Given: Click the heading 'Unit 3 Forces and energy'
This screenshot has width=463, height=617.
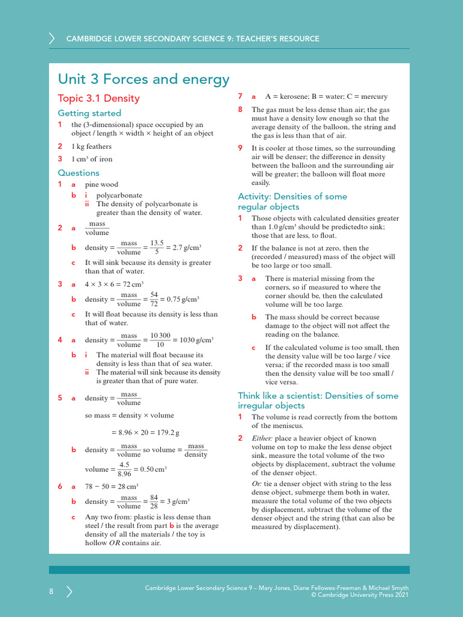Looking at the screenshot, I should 143,80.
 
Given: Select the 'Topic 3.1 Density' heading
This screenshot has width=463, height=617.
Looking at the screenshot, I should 98,98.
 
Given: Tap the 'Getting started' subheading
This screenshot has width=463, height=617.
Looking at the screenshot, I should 89,113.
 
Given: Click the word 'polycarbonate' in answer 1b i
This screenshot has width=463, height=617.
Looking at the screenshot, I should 119,195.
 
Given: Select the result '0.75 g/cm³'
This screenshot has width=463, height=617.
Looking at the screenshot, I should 182,299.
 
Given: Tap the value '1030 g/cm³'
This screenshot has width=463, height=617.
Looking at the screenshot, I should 197,340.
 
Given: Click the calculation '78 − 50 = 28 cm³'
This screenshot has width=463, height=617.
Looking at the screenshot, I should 112,486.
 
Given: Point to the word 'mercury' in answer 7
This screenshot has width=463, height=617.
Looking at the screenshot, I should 374,96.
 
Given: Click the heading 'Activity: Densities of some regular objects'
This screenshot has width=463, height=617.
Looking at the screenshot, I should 292,201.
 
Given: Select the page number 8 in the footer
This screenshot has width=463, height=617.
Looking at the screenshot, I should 51,592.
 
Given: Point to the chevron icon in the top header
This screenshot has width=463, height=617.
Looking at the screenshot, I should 52,39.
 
